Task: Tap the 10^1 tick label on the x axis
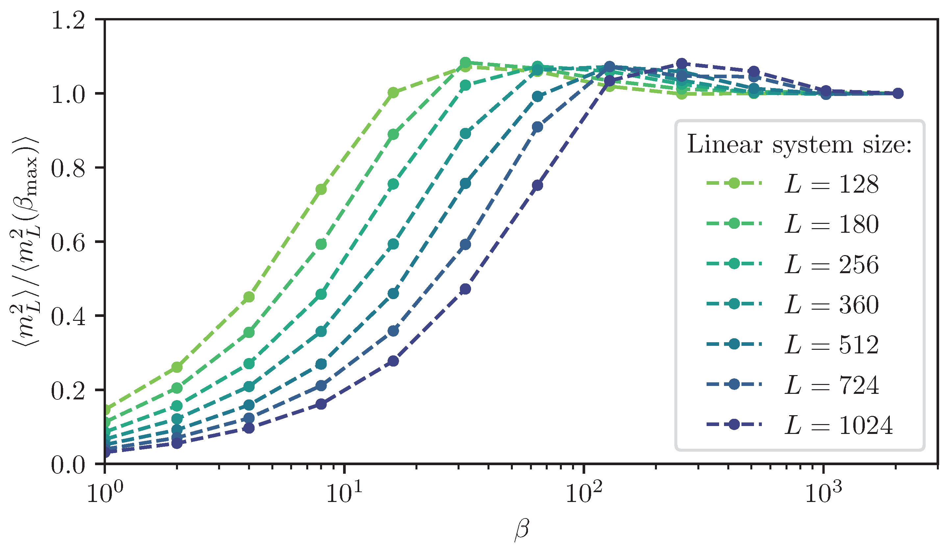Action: tap(343, 492)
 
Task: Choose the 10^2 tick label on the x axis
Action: tap(584, 492)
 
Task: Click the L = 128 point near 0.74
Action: tap(321, 189)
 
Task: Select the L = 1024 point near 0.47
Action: tap(465, 289)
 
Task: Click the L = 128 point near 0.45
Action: tap(249, 297)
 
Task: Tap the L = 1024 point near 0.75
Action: tap(537, 185)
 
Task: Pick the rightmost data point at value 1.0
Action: tap(898, 93)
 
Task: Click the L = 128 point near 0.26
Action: tap(177, 367)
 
